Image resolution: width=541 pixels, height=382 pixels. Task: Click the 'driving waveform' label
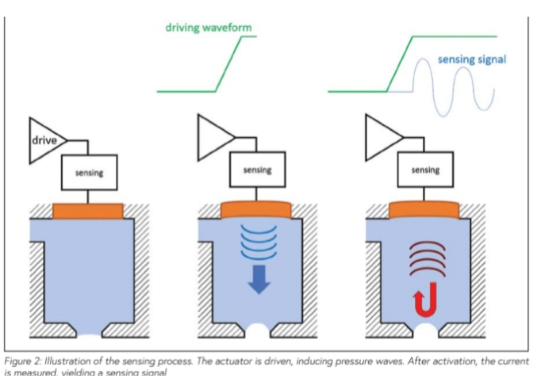[x=209, y=27]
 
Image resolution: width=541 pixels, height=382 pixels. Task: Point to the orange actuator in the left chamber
[x=88, y=211]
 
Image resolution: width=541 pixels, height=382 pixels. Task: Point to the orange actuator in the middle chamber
[x=257, y=209]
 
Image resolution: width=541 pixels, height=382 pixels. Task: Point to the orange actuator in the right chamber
[x=425, y=209]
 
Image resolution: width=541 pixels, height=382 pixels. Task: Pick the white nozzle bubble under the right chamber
[x=425, y=327]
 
